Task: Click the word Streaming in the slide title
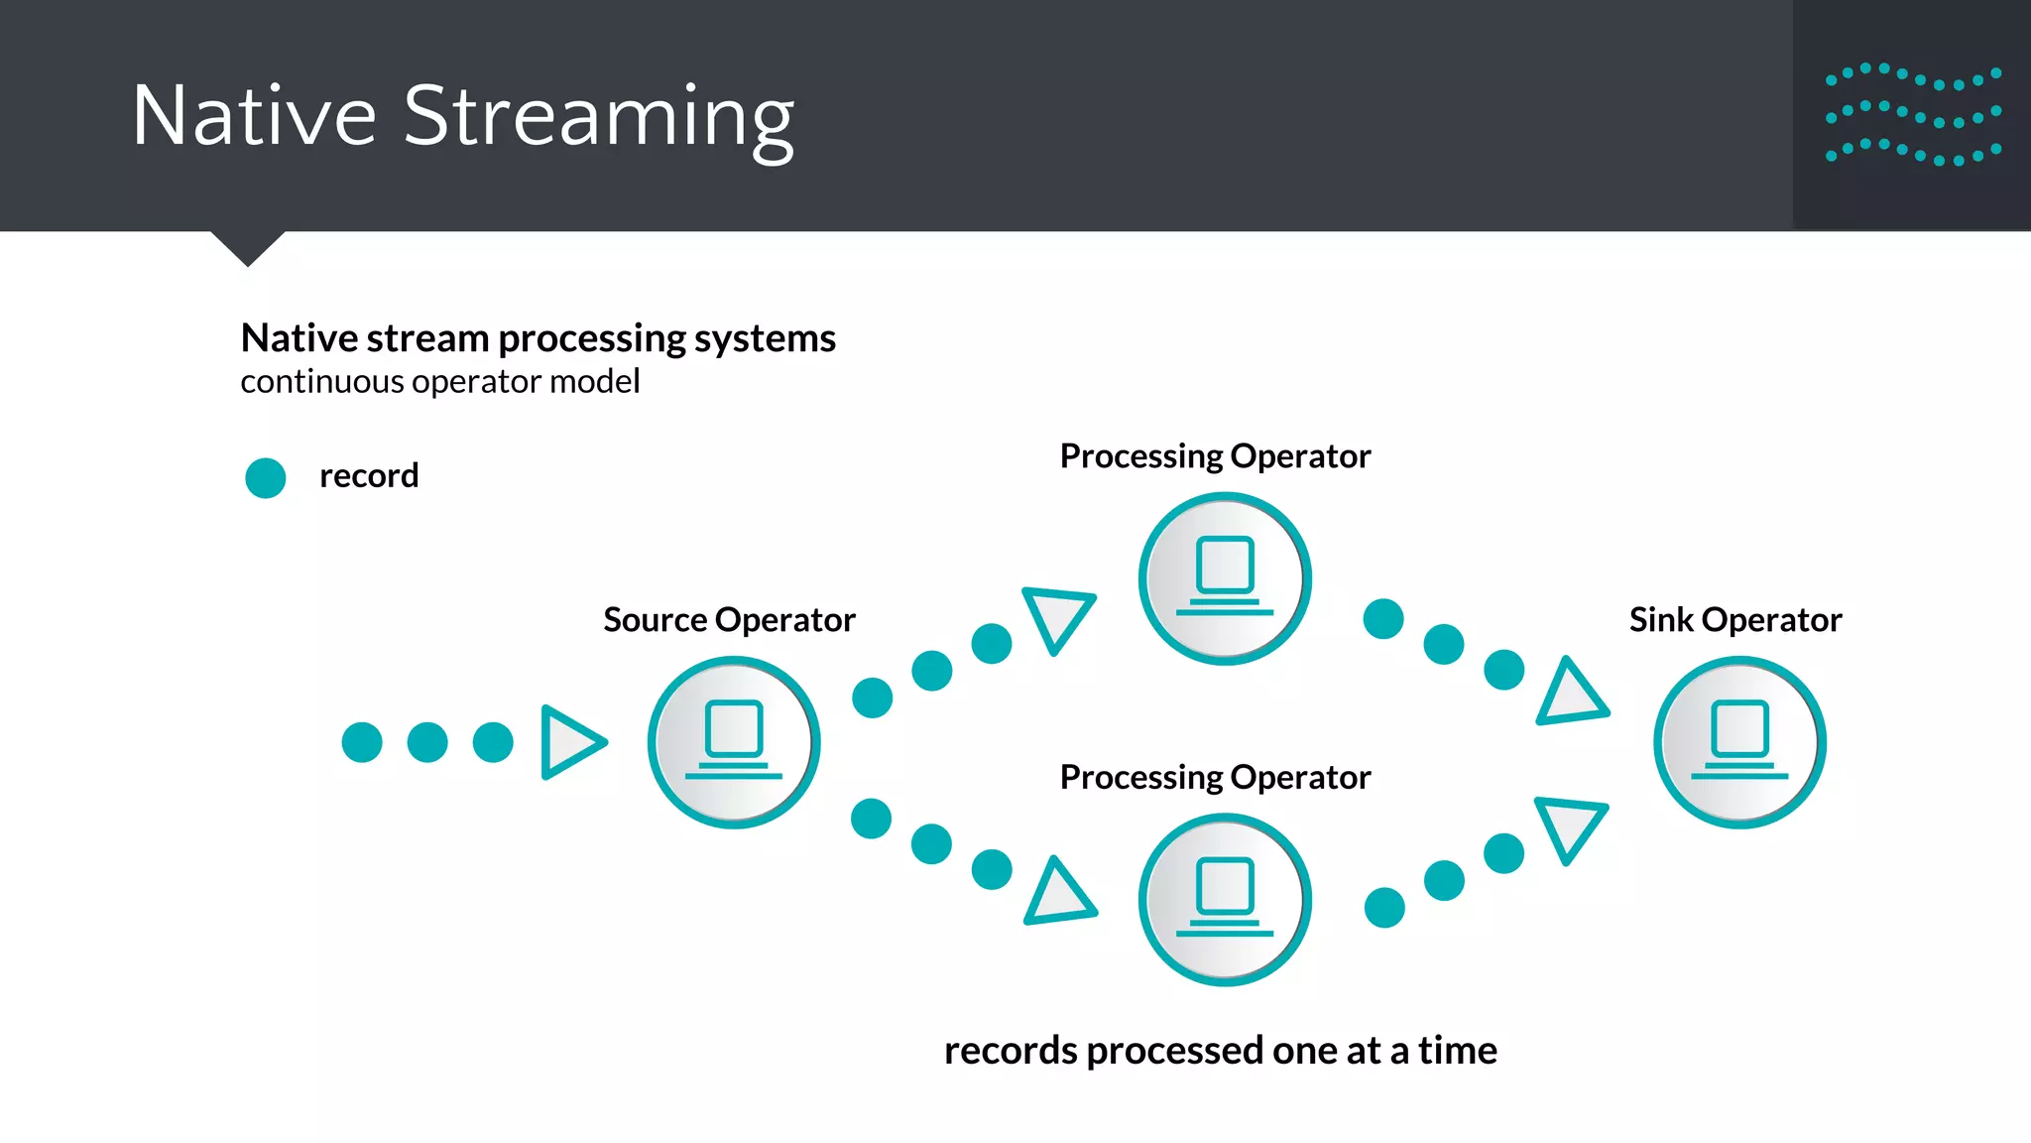tap(598, 117)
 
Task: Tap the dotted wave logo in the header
tap(1913, 115)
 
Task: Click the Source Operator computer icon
tap(734, 742)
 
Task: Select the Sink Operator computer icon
tap(1739, 742)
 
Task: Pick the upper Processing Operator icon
tap(1225, 578)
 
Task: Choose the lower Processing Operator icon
tap(1225, 899)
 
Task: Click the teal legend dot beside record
tap(266, 477)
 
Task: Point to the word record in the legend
tap(369, 476)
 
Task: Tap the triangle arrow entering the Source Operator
tap(570, 742)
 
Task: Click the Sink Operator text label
tap(1734, 620)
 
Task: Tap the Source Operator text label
tap(729, 620)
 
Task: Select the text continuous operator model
tap(440, 382)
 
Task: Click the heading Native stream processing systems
tap(538, 338)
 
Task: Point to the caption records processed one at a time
tap(1220, 1051)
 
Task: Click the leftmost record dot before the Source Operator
tap(362, 742)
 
